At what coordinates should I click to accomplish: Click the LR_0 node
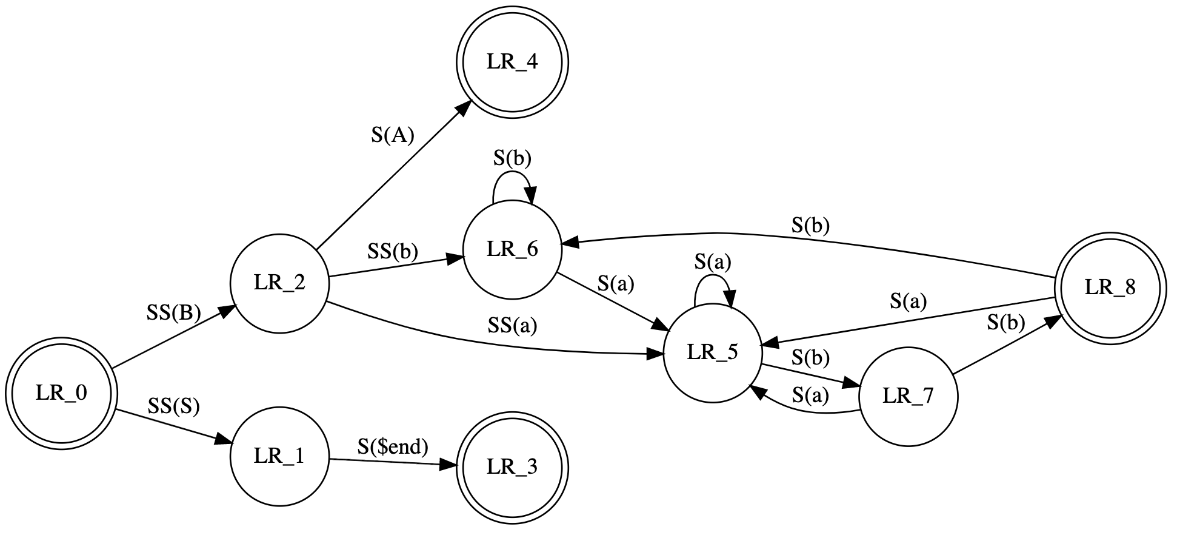click(x=61, y=394)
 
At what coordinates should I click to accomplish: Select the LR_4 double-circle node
click(x=512, y=62)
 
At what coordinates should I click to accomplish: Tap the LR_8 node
click(x=1109, y=289)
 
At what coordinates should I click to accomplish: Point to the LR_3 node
click(x=512, y=467)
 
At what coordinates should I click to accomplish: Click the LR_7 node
click(x=908, y=397)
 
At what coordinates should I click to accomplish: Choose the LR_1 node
click(x=279, y=456)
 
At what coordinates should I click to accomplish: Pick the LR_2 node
click(x=279, y=283)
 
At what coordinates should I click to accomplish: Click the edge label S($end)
click(x=393, y=447)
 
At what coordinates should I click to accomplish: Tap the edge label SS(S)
click(x=173, y=406)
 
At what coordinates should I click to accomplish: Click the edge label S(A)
click(x=392, y=135)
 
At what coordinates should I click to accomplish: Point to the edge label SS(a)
click(x=512, y=326)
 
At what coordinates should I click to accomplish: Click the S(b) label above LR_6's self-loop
click(x=512, y=158)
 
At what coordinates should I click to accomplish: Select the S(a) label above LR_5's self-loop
click(x=713, y=262)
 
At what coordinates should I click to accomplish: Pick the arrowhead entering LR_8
click(x=1054, y=321)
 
